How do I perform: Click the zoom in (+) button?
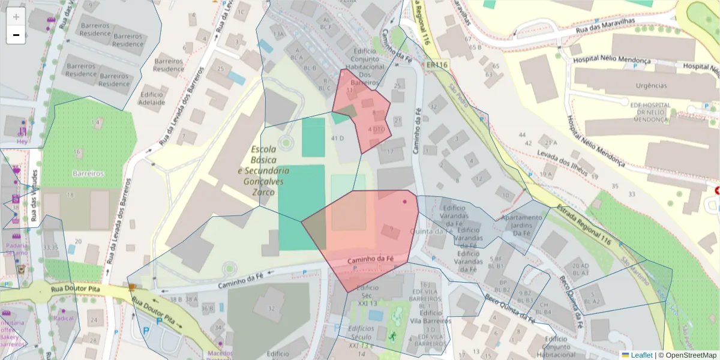pos(16,17)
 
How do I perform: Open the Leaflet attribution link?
pos(641,355)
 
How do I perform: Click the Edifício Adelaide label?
pos(152,98)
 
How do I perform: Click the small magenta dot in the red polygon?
pos(405,202)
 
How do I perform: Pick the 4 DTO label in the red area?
pos(376,129)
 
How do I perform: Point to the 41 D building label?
pos(337,139)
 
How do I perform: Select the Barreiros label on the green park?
pos(88,173)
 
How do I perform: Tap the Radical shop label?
pos(63,319)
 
